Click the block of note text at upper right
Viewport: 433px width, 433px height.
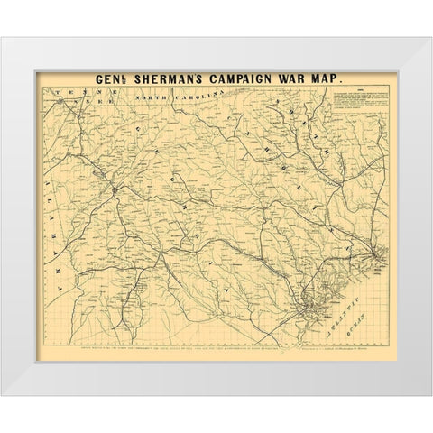pyautogui.click(x=365, y=113)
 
